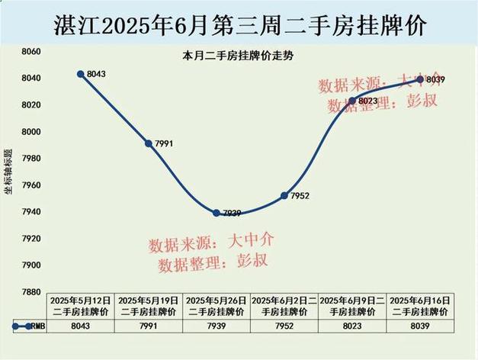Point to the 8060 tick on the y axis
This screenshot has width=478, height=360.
click(x=31, y=52)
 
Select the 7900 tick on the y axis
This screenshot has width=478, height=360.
click(x=31, y=265)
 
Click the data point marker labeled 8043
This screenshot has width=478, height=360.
click(x=80, y=74)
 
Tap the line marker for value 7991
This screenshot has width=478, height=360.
click(x=149, y=143)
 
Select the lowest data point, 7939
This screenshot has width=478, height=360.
click(x=217, y=213)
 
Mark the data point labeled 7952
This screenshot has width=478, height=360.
click(x=284, y=195)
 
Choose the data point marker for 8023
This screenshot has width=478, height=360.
click(x=352, y=101)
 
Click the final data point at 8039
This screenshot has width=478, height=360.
click(x=420, y=79)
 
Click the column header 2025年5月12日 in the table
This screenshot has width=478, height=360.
click(x=81, y=306)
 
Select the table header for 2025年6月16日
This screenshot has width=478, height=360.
click(x=420, y=306)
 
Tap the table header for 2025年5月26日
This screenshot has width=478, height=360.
click(x=217, y=306)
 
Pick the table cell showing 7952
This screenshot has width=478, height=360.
click(x=284, y=326)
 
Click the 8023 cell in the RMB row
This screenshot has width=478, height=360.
click(x=352, y=326)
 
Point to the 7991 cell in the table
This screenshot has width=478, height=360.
click(x=149, y=326)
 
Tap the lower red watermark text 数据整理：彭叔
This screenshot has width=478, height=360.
click(x=213, y=262)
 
